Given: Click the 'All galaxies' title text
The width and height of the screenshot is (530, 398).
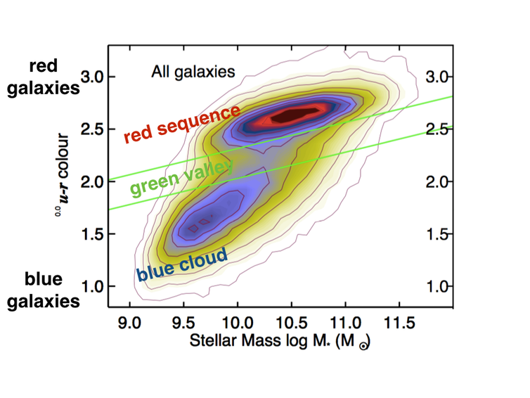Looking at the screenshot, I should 192,71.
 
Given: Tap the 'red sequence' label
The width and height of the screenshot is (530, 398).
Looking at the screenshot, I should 182,124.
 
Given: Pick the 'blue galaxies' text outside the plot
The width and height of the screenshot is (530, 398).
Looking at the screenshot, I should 44,290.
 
